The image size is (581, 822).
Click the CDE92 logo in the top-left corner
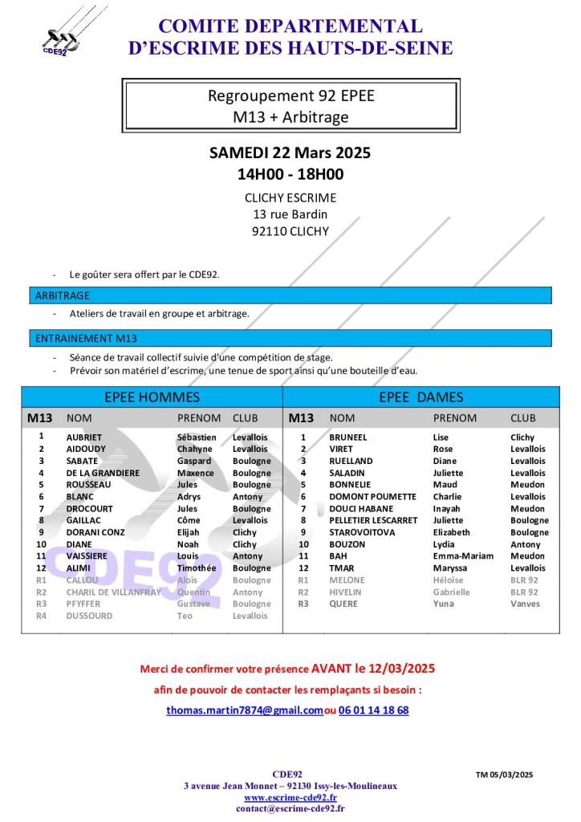[61, 37]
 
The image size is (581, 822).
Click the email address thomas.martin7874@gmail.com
[245, 710]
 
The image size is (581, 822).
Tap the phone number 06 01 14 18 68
[373, 710]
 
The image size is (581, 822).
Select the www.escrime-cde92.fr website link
[290, 798]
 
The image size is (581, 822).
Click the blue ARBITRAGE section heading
[63, 296]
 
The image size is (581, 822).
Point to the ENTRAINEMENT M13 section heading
[86, 339]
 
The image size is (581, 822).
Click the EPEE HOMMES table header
[152, 397]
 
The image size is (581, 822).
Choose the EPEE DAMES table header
[421, 397]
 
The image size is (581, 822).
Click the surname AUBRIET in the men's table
[84, 437]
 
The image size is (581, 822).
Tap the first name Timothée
[196, 568]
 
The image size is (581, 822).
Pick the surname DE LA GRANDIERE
[103, 473]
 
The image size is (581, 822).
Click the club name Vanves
[525, 604]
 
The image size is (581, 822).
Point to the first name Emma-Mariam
[463, 556]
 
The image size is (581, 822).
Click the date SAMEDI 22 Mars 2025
[290, 153]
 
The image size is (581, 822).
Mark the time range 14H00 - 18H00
[290, 174]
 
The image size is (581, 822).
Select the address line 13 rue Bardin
[290, 214]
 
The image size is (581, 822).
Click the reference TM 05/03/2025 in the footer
[504, 775]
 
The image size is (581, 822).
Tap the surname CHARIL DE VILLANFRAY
[113, 592]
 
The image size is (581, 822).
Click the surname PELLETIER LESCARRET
[373, 520]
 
